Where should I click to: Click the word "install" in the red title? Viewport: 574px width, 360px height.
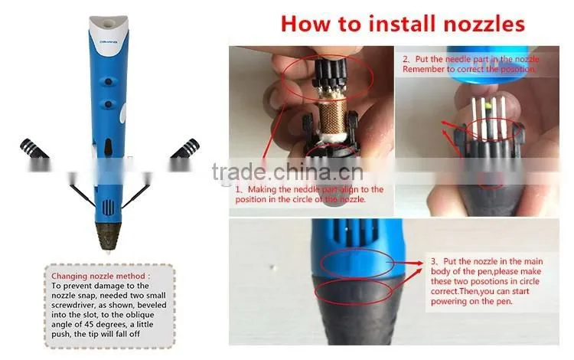click(403, 24)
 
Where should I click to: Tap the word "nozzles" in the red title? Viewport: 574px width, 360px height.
click(484, 25)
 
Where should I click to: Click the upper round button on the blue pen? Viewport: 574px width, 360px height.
click(109, 82)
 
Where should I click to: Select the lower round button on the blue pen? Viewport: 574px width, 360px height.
click(109, 105)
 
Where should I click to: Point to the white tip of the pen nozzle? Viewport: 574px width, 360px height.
click(109, 251)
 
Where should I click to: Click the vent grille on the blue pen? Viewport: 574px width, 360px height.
click(109, 207)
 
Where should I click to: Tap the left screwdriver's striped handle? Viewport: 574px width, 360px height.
click(34, 149)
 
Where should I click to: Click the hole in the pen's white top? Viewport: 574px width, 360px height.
click(109, 25)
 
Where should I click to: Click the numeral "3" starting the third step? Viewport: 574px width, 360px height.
click(433, 261)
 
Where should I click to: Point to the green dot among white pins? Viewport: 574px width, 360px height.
click(488, 106)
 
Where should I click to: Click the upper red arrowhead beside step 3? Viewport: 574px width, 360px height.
click(419, 263)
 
